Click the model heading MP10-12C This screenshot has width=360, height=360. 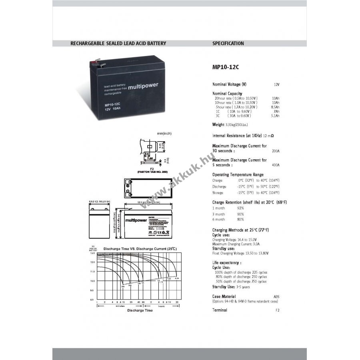(226, 67)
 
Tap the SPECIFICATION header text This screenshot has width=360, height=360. (228, 43)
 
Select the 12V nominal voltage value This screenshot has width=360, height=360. (276, 85)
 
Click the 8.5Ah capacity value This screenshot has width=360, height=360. (275, 107)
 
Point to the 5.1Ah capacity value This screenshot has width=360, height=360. (275, 116)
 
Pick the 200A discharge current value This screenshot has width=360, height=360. (276, 151)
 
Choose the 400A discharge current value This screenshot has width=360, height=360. (276, 165)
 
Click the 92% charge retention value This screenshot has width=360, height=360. (240, 208)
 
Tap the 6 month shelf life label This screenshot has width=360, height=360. (218, 219)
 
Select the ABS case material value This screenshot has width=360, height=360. (276, 296)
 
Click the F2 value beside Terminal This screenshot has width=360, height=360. (277, 310)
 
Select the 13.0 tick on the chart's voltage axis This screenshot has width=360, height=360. (92, 253)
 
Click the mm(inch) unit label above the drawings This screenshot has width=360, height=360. (164, 134)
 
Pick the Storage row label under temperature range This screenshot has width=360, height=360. (218, 193)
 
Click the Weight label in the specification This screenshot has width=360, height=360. (218, 125)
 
